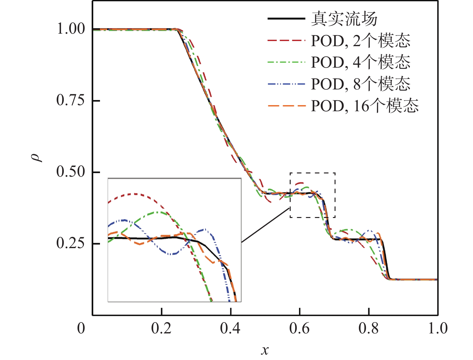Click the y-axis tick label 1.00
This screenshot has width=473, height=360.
[x=71, y=29]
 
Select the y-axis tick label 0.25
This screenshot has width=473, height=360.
[x=71, y=243]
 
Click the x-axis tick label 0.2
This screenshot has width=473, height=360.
[x=161, y=328]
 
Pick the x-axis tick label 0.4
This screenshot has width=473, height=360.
[x=230, y=328]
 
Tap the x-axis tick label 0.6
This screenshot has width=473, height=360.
[x=299, y=328]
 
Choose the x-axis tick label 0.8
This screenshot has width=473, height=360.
[x=369, y=328]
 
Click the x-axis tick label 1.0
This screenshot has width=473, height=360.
[x=438, y=328]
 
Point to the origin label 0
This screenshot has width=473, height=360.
[x=81, y=328]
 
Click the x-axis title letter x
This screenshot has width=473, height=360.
[x=265, y=350]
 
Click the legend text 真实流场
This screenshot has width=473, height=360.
[x=344, y=19]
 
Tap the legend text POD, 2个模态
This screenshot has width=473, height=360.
[x=361, y=41]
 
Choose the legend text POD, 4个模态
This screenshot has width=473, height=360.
[x=361, y=62]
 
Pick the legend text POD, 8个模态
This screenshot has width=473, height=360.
[x=361, y=84]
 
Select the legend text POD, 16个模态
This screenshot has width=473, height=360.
[x=365, y=105]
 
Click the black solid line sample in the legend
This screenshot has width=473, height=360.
[x=286, y=19]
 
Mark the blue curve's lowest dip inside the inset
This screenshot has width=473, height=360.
[x=172, y=254]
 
